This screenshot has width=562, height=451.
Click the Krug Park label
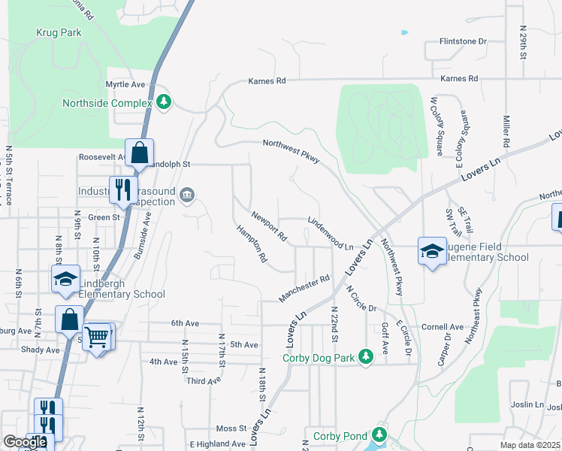tap(58, 33)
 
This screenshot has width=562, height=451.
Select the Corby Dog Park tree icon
tap(366, 356)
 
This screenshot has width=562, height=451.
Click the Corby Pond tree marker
tap(379, 435)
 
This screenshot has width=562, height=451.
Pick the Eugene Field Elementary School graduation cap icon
tap(432, 253)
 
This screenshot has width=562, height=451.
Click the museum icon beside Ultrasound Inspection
tap(187, 197)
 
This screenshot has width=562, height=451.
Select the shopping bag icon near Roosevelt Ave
tap(139, 153)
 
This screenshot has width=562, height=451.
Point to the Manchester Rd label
tap(305, 289)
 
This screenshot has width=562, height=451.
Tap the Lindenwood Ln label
tap(331, 235)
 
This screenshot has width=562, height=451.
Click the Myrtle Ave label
tap(125, 84)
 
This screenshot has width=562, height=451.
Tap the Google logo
tap(25, 442)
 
